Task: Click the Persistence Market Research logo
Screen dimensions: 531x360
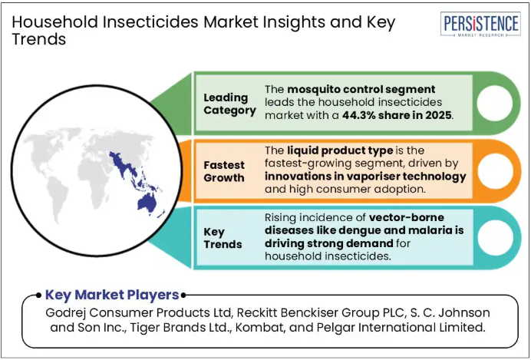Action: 480,24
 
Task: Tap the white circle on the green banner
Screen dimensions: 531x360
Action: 495,104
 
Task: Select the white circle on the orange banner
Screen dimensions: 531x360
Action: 495,170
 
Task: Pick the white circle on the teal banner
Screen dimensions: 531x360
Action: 495,238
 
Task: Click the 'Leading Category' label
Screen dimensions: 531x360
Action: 229,104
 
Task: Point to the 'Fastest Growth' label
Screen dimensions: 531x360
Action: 224,171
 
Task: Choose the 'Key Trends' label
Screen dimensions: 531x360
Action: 223,238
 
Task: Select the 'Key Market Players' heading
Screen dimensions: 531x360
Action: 112,295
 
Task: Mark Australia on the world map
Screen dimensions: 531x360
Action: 147,202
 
